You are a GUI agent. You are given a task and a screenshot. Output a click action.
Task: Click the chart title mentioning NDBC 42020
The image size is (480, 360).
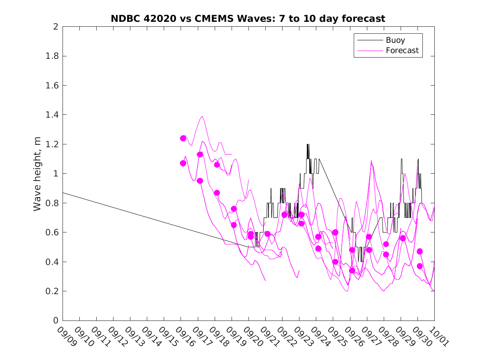click(248, 19)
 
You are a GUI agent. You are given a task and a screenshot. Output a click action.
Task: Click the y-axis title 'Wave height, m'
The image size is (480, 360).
click(37, 174)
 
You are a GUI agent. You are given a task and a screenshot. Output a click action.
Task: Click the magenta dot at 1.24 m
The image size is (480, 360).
click(183, 138)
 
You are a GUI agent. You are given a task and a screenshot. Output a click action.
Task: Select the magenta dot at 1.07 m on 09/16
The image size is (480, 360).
click(183, 163)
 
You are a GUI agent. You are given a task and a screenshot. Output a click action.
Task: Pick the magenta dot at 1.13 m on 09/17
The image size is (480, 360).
click(200, 154)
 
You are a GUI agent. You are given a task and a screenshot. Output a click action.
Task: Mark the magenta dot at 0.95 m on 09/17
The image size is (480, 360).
click(200, 181)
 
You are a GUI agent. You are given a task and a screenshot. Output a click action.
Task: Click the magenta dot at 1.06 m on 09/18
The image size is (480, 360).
click(217, 165)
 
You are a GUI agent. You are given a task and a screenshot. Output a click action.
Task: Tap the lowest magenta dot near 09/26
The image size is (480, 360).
click(352, 270)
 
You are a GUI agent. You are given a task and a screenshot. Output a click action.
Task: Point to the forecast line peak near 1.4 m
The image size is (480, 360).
click(202, 116)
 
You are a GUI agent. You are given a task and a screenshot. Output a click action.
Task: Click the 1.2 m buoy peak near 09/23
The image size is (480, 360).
click(308, 144)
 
